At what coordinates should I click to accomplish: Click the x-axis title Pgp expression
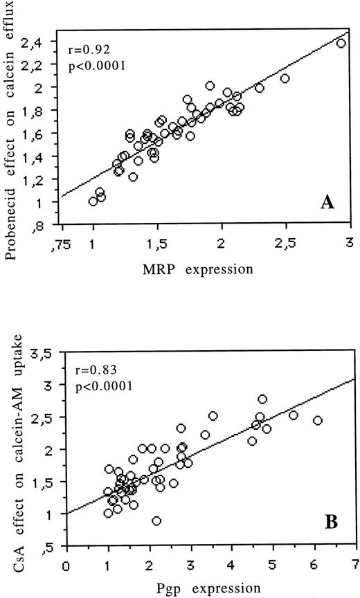pyautogui.click(x=212, y=590)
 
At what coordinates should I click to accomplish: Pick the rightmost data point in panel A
pyautogui.click(x=340, y=43)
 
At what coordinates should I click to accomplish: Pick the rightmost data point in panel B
pyautogui.click(x=318, y=420)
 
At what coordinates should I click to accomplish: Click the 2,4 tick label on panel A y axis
pyautogui.click(x=42, y=42)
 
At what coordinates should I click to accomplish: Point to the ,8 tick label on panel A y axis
pyautogui.click(x=44, y=226)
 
